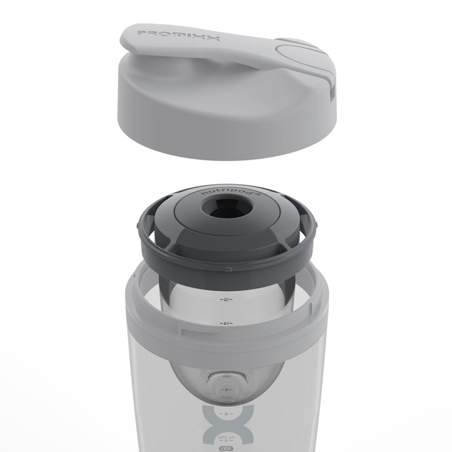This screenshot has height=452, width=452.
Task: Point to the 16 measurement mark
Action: pos(226,299)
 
